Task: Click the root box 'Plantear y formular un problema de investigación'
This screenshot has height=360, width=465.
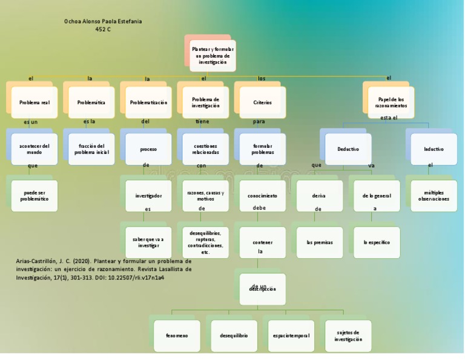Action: pyautogui.click(x=212, y=56)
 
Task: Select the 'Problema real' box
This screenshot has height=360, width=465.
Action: pyautogui.click(x=34, y=103)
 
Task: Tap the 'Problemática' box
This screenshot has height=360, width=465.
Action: pyautogui.click(x=91, y=103)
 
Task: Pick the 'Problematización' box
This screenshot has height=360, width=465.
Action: pyautogui.click(x=148, y=103)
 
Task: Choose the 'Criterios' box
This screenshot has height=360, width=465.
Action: pyautogui.click(x=262, y=103)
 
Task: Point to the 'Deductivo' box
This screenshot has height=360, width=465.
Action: pyautogui.click(x=348, y=149)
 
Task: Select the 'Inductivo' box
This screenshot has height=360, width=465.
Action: pyautogui.click(x=434, y=149)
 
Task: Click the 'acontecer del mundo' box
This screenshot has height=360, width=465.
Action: pyautogui.click(x=34, y=149)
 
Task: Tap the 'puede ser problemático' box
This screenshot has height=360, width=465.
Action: pyautogui.click(x=34, y=196)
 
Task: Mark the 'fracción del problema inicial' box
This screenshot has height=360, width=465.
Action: pyautogui.click(x=91, y=149)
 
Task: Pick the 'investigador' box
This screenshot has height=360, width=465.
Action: pyautogui.click(x=148, y=196)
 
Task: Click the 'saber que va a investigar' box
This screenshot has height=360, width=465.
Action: pyautogui.click(x=148, y=242)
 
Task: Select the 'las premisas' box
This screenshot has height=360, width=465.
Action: pyautogui.click(x=320, y=242)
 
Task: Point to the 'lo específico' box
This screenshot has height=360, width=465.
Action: pyautogui.click(x=377, y=242)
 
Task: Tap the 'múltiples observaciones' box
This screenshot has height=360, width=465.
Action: pyautogui.click(x=434, y=196)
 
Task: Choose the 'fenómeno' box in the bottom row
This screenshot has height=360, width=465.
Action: pyautogui.click(x=177, y=336)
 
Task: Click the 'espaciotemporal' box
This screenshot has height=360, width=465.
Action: pyautogui.click(x=291, y=336)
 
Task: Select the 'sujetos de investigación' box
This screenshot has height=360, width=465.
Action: pyautogui.click(x=348, y=336)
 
